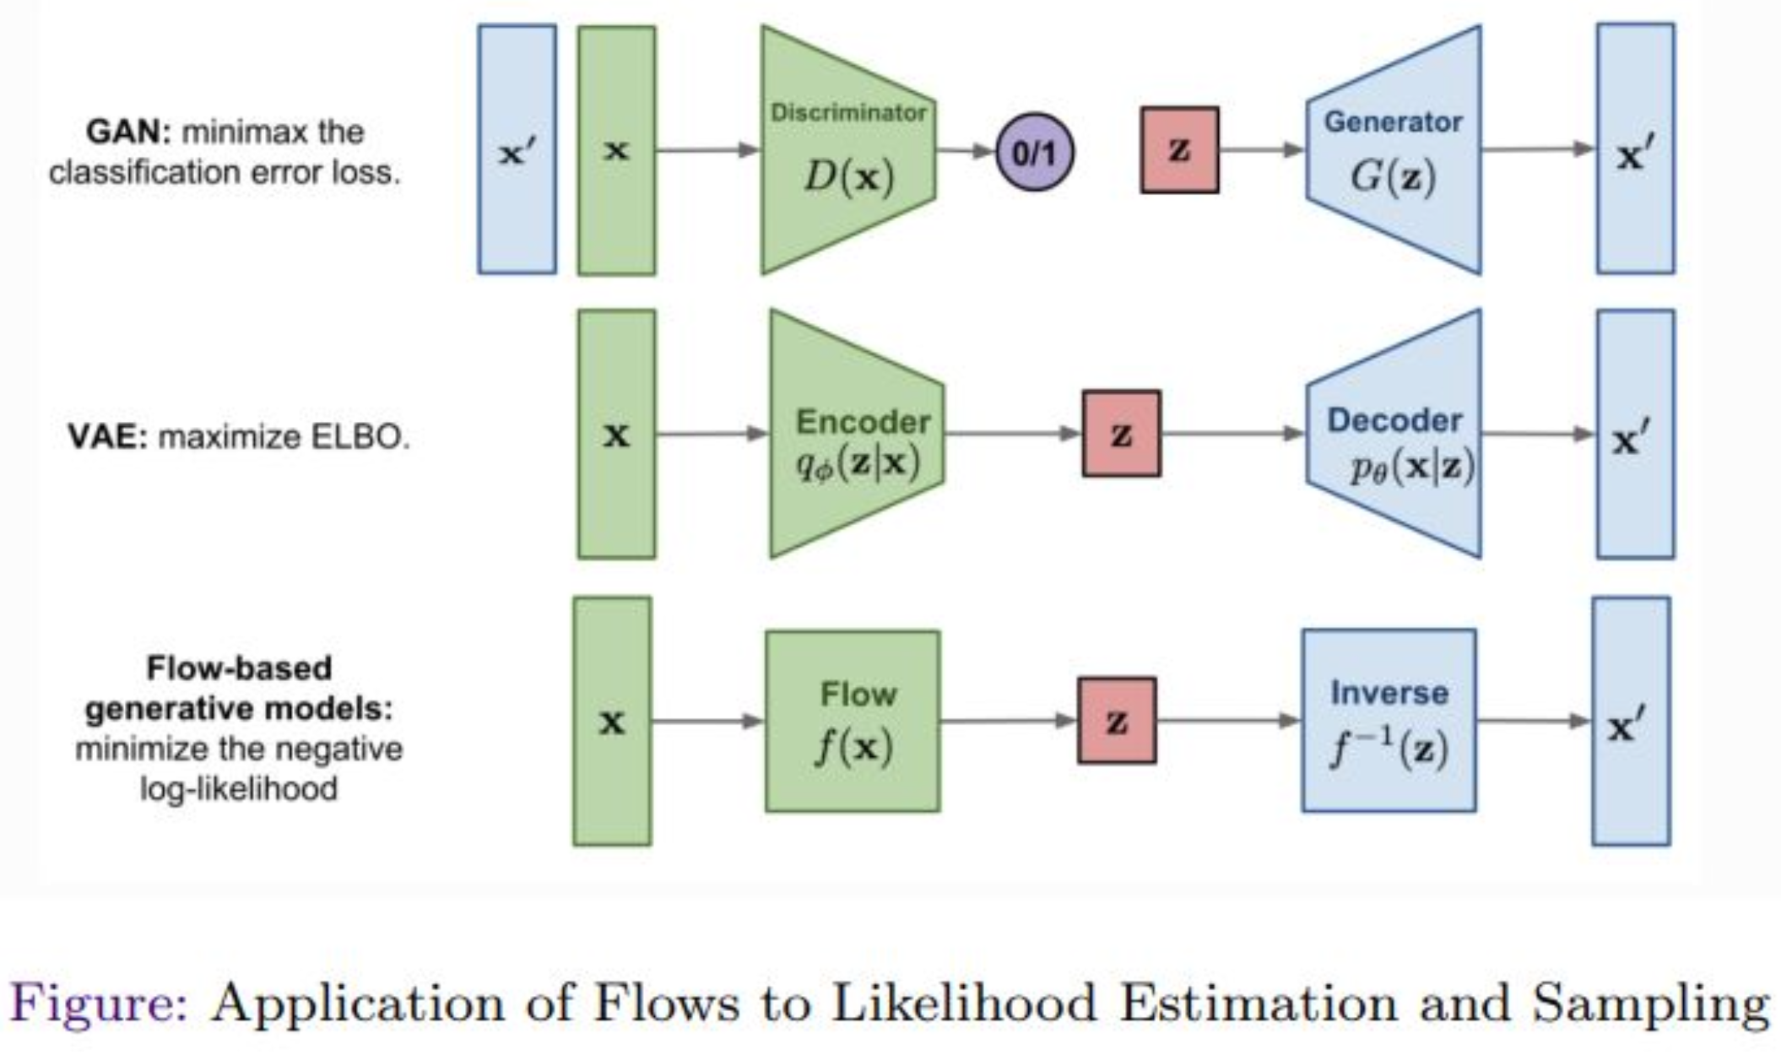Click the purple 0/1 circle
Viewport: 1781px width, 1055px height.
coord(1035,152)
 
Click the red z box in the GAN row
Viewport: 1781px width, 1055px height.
coord(1179,150)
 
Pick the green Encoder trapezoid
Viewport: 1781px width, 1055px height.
coord(857,434)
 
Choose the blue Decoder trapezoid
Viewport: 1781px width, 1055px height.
coord(1394,434)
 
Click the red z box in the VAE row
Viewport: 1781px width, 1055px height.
coord(1122,434)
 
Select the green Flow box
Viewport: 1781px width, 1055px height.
coord(853,722)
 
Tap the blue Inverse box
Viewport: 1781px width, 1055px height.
coord(1389,721)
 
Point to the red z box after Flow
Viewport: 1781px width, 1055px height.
coord(1117,721)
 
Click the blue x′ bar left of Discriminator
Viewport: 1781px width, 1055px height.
coord(517,149)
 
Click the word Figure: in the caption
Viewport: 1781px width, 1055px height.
coord(100,1005)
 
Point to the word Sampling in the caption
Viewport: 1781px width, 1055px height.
coord(1649,1005)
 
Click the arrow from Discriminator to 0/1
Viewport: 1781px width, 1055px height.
coord(965,151)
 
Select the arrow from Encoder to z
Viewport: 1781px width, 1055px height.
coord(1013,434)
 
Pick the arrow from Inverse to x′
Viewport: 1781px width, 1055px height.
coord(1533,721)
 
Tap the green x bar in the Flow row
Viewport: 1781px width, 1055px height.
coord(612,722)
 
